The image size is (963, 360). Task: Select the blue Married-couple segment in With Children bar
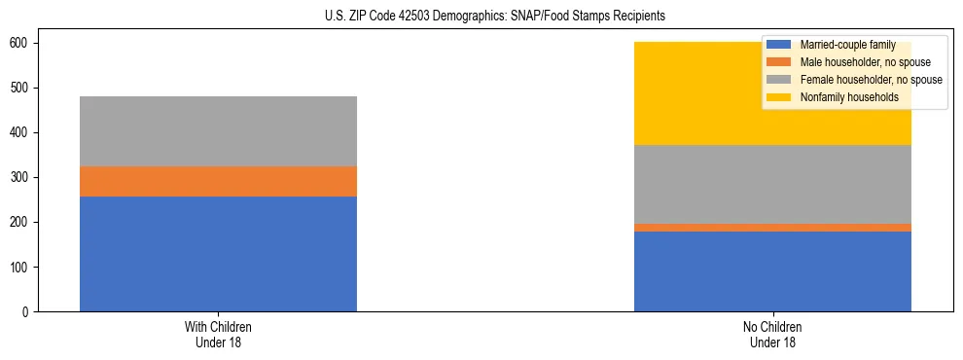pyautogui.click(x=218, y=254)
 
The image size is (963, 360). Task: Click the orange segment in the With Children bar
pyautogui.click(x=218, y=182)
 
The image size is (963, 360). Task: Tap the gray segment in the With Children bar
pyautogui.click(x=218, y=131)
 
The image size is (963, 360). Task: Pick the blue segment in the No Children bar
pyautogui.click(x=772, y=271)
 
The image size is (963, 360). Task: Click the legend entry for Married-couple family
pyautogui.click(x=841, y=45)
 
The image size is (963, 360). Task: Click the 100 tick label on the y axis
pyautogui.click(x=21, y=268)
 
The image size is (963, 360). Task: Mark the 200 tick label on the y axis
pyautogui.click(x=21, y=223)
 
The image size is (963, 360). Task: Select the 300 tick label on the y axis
pyautogui.click(x=21, y=178)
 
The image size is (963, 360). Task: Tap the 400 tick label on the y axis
pyautogui.click(x=21, y=133)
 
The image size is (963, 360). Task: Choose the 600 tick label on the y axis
pyautogui.click(x=21, y=44)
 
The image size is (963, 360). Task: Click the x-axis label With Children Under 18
pyautogui.click(x=218, y=335)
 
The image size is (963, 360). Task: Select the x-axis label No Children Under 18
pyautogui.click(x=772, y=335)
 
